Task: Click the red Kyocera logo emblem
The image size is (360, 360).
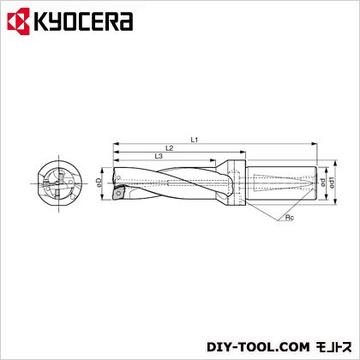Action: click(x=19, y=21)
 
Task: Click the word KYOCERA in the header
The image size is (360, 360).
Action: click(x=83, y=21)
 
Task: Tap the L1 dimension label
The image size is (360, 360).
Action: click(x=195, y=140)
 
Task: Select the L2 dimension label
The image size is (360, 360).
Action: click(x=170, y=148)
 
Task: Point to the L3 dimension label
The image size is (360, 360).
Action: click(x=159, y=156)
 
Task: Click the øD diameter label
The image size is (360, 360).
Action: click(x=99, y=183)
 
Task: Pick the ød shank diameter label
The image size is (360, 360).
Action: click(x=322, y=183)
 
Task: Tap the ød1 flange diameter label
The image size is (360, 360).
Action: click(x=332, y=183)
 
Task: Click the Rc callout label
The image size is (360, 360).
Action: click(x=290, y=218)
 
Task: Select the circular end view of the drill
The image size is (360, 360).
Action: click(x=59, y=183)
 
